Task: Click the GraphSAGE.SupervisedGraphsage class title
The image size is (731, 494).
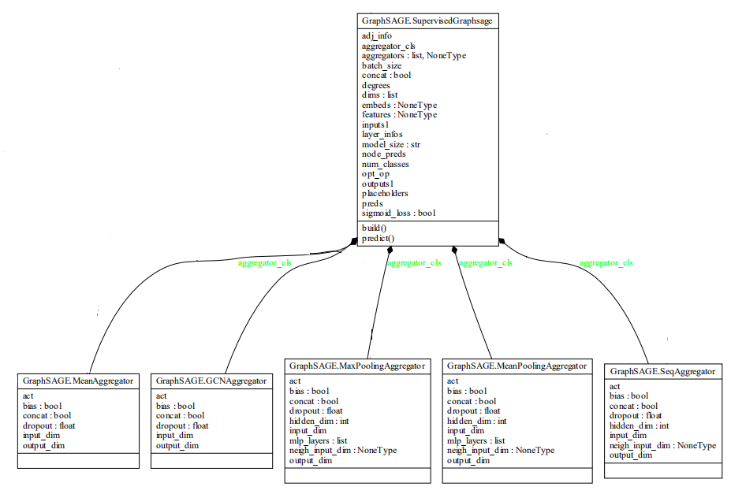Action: click(426, 21)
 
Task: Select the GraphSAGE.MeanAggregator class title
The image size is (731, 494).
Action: click(78, 381)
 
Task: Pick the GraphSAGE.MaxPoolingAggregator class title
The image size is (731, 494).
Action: click(357, 366)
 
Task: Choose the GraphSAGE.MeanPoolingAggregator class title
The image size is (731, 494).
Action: click(517, 366)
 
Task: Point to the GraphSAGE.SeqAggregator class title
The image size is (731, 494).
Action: click(662, 371)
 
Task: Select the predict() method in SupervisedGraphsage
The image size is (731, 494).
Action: click(378, 238)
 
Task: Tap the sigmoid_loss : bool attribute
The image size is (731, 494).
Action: click(398, 213)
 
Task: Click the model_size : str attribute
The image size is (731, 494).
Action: click(391, 144)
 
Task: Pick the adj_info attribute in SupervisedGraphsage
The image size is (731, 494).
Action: click(376, 36)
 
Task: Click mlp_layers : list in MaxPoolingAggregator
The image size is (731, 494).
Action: click(319, 441)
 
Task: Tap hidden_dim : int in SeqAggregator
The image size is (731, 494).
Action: click(640, 425)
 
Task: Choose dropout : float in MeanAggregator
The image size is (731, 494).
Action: click(49, 425)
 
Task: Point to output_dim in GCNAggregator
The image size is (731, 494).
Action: click(177, 445)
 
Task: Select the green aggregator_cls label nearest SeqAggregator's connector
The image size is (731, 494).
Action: click(606, 263)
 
